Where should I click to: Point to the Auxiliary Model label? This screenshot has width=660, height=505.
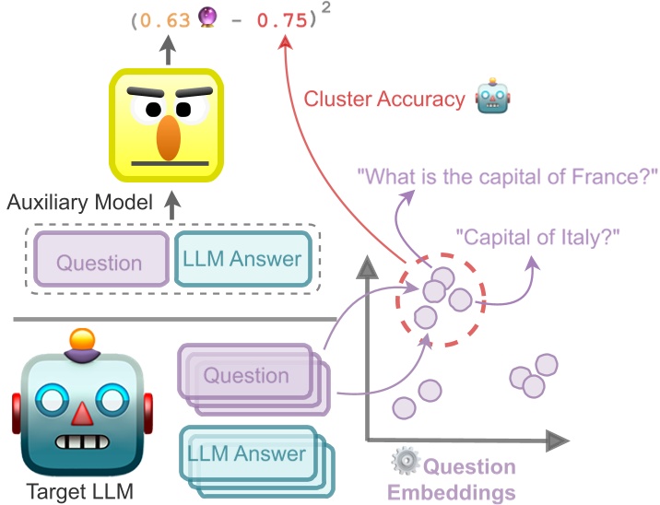[79, 201]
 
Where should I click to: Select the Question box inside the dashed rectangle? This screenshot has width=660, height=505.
[100, 261]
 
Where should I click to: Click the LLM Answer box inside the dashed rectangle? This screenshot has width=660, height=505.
[243, 259]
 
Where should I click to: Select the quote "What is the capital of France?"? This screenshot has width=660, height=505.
[508, 174]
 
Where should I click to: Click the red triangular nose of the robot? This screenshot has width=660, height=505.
[82, 415]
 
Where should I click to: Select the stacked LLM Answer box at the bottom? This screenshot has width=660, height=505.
[246, 453]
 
